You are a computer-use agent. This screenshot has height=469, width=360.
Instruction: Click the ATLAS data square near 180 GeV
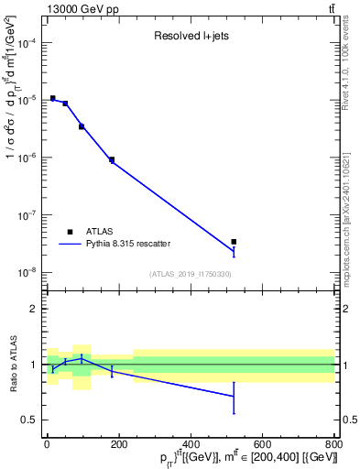112,160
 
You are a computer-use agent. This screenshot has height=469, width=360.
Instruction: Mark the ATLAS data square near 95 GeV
82,126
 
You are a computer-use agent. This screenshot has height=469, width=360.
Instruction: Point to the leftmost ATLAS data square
53,98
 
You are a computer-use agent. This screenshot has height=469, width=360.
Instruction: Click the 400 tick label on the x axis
191,446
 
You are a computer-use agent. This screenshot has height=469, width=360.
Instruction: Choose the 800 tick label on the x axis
333,446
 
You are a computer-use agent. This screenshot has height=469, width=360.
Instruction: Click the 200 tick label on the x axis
119,446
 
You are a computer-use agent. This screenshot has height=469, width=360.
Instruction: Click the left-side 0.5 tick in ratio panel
31,420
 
